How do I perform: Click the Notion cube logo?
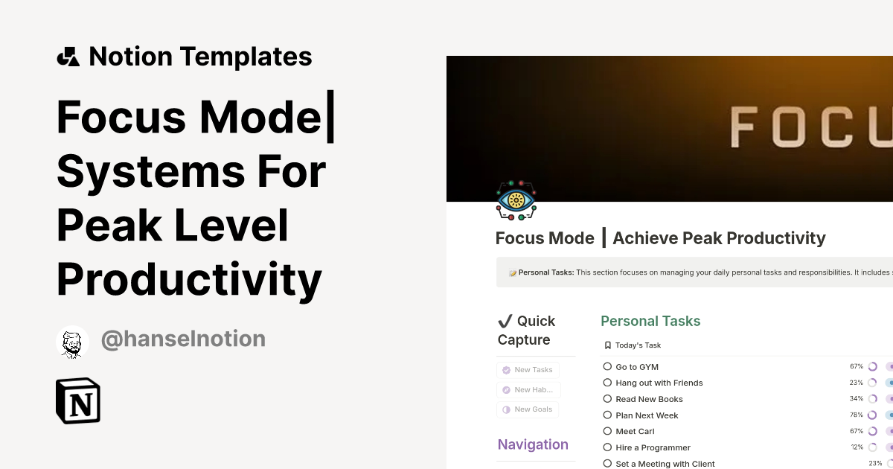pyautogui.click(x=78, y=401)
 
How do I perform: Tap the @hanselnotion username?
pyautogui.click(x=183, y=339)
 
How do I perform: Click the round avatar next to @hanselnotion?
pyautogui.click(x=72, y=342)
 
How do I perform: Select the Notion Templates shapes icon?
pyautogui.click(x=68, y=57)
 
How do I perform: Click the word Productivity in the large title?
pyautogui.click(x=189, y=280)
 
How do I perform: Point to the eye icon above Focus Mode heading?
pyautogui.click(x=516, y=200)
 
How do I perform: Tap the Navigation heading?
pyautogui.click(x=533, y=444)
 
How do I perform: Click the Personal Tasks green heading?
pyautogui.click(x=650, y=322)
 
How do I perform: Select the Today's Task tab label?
pyautogui.click(x=638, y=345)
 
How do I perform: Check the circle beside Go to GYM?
pyautogui.click(x=607, y=367)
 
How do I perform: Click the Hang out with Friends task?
pyautogui.click(x=659, y=383)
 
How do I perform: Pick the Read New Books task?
pyautogui.click(x=649, y=399)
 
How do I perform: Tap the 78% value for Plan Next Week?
pyautogui.click(x=857, y=415)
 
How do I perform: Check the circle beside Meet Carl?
pyautogui.click(x=607, y=432)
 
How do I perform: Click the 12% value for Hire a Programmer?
pyautogui.click(x=857, y=447)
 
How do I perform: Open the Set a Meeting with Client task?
pyautogui.click(x=665, y=464)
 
